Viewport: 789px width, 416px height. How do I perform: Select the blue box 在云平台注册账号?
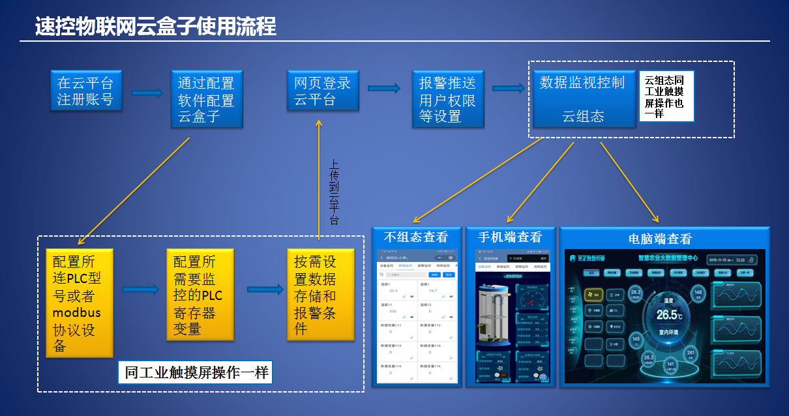(85, 91)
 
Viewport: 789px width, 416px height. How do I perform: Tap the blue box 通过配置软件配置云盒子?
(206, 98)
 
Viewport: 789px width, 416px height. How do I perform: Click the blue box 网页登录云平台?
(322, 91)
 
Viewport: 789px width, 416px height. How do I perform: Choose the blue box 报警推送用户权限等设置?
(447, 98)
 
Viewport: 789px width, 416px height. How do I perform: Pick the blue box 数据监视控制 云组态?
(582, 98)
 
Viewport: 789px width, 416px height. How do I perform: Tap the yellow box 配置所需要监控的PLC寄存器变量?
(199, 295)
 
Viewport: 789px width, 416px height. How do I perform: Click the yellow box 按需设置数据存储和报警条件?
(320, 295)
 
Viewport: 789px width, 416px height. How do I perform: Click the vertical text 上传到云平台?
(334, 192)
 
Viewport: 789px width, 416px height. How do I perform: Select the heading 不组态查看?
(416, 237)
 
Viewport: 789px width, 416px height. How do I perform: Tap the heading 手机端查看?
(509, 237)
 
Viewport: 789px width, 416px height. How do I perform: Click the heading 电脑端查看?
(659, 239)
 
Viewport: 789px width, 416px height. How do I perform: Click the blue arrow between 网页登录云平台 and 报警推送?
(384, 89)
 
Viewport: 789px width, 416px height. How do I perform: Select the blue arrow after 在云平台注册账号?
(147, 93)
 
